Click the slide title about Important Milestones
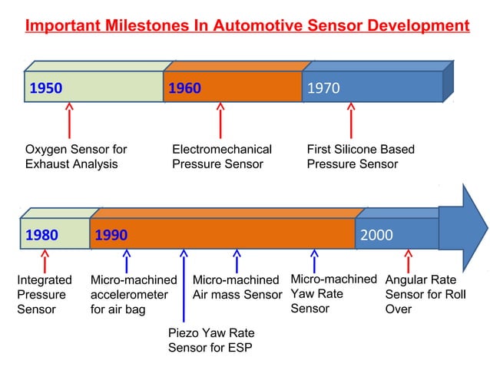pyautogui.click(x=247, y=25)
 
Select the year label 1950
pyautogui.click(x=46, y=88)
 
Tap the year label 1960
pyautogui.click(x=184, y=88)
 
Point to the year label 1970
pyautogui.click(x=323, y=88)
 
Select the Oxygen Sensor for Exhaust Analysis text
pyautogui.click(x=75, y=156)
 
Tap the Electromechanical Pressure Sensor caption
pyautogui.click(x=221, y=156)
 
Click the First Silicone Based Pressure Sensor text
pyautogui.click(x=360, y=156)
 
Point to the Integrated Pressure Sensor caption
pyautogui.click(x=44, y=295)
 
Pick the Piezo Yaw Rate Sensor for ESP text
pyautogui.click(x=210, y=340)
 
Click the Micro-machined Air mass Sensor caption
pyautogui.click(x=237, y=287)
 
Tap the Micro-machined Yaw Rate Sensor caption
pyautogui.click(x=333, y=293)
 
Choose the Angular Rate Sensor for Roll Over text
pyautogui.click(x=425, y=295)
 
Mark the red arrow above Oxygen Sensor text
pyautogui.click(x=69, y=121)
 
